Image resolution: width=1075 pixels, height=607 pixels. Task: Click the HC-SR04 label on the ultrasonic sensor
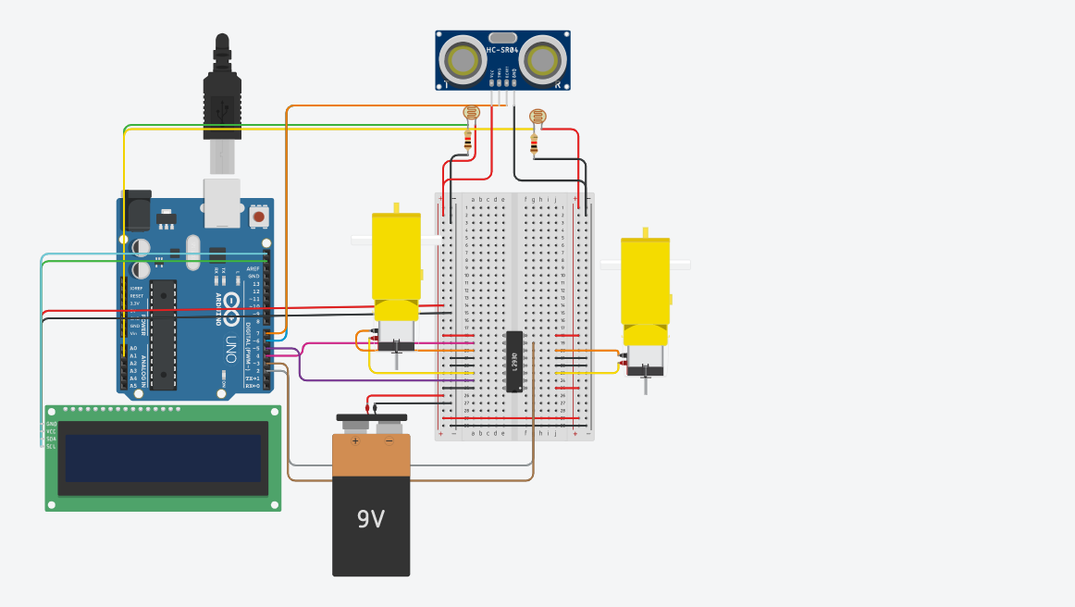502,49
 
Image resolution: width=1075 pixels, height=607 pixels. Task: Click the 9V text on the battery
370,519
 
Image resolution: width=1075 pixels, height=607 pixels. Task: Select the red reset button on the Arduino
258,217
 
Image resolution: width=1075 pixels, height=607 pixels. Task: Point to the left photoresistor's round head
471,113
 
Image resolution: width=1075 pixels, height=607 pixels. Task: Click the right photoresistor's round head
537,117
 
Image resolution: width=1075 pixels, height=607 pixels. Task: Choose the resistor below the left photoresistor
468,140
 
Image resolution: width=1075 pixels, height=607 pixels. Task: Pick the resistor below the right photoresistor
534,143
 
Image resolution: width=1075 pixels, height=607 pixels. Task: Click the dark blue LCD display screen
163,457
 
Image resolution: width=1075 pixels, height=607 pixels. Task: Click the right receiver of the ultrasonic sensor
542,60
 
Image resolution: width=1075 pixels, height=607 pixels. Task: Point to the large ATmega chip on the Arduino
163,334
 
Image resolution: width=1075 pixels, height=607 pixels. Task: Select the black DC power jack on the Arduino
135,210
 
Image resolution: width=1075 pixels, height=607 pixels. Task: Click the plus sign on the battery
355,441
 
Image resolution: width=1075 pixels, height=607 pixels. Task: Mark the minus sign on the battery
389,441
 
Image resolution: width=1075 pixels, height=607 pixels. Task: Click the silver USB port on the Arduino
222,204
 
